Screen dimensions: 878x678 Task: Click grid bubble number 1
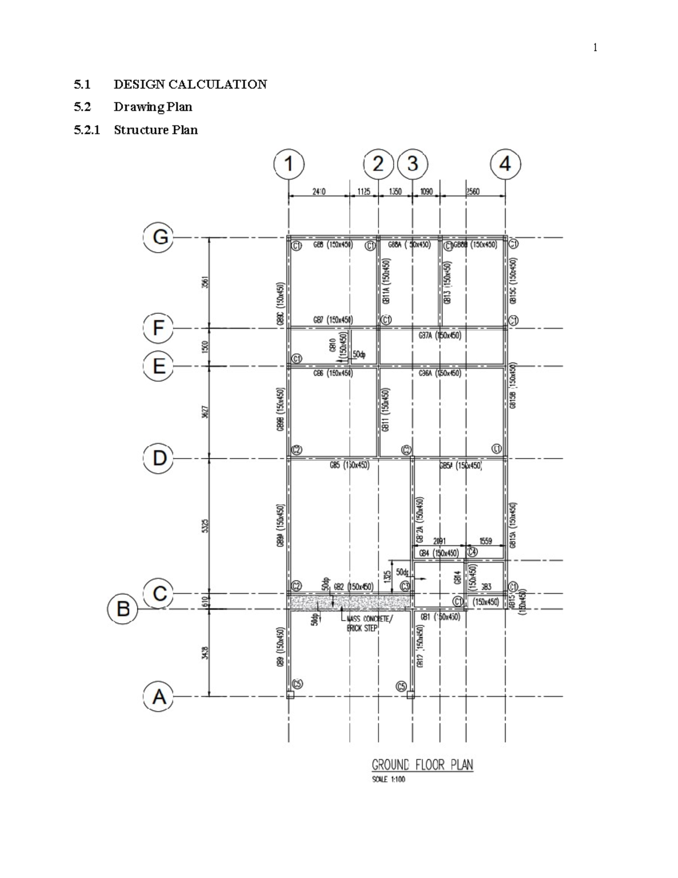(x=289, y=165)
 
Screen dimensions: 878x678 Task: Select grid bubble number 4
(x=505, y=165)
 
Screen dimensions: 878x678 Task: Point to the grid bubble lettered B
(x=123, y=609)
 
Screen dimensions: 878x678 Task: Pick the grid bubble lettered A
(x=159, y=697)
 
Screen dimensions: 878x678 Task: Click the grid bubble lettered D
(x=159, y=457)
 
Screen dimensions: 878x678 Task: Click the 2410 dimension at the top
(x=319, y=192)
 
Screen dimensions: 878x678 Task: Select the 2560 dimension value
(x=473, y=192)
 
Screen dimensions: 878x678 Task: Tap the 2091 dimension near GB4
(x=439, y=541)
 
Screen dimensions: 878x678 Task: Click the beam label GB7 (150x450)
(x=333, y=319)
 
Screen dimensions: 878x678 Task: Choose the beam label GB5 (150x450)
(x=349, y=465)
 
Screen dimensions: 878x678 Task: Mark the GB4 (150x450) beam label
(x=438, y=553)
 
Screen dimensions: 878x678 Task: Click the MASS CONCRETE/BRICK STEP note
(x=368, y=623)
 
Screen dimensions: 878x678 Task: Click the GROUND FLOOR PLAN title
(x=422, y=765)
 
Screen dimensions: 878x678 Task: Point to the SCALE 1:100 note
(x=388, y=780)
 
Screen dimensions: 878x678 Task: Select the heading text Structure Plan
(x=155, y=129)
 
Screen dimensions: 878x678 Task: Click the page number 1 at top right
(x=595, y=47)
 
